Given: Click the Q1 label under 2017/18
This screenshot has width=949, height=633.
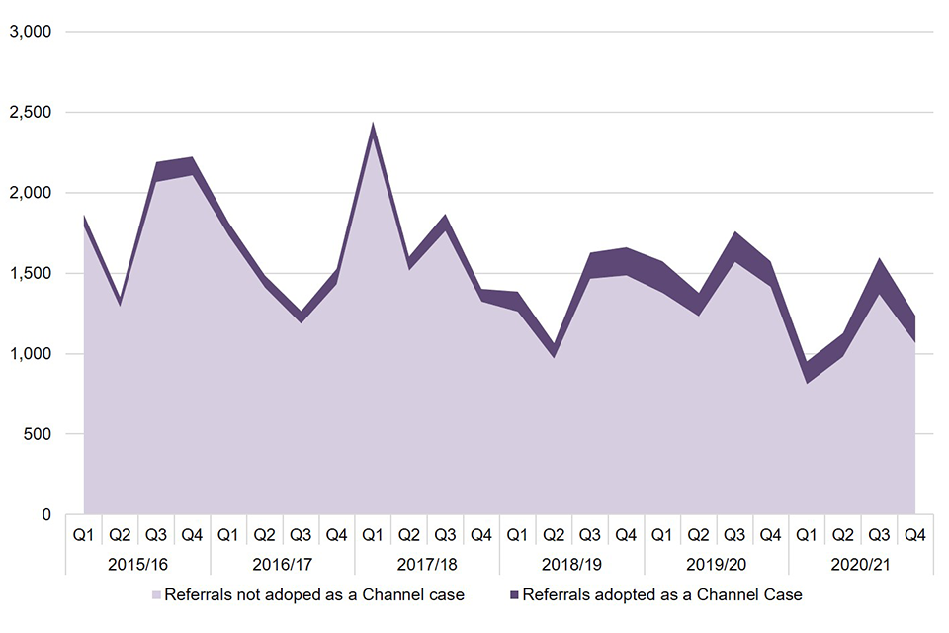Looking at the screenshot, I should click(373, 535).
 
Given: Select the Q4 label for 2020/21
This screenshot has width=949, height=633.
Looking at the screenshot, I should click(915, 535).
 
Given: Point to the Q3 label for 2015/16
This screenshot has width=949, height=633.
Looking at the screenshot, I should click(155, 535).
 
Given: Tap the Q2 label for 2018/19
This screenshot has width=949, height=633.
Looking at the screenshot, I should click(554, 535).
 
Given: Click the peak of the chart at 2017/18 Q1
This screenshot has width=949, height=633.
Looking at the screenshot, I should click(373, 125).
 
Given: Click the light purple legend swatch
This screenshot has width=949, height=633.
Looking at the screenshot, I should click(156, 595).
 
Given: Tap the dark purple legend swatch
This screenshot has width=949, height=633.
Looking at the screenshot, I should click(513, 595).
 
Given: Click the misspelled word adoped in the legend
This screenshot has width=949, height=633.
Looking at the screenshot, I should click(297, 595).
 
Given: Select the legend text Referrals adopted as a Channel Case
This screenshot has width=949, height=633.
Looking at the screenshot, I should click(661, 595).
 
